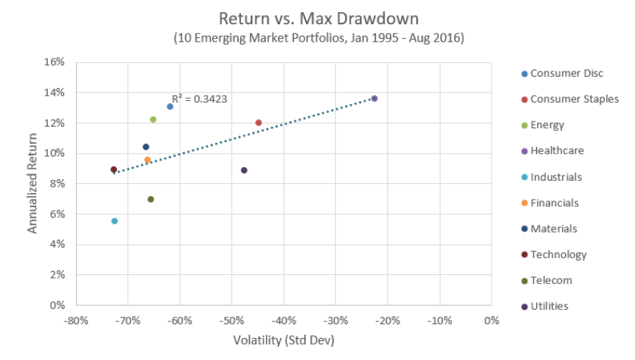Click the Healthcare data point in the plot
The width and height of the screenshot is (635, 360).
coord(374,99)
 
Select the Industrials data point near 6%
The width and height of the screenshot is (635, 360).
coord(115,221)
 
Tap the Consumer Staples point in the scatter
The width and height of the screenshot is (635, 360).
coord(258,122)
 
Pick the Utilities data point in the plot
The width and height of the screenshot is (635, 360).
coord(244,170)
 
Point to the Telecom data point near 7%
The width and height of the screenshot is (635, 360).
coord(150,199)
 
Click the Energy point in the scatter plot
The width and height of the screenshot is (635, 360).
coord(153,119)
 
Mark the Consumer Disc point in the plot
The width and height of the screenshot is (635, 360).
coord(170,106)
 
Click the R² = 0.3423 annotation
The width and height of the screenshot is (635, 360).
coord(199,98)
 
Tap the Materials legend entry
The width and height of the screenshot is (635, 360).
coord(553,229)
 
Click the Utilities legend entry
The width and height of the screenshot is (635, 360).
coord(549,306)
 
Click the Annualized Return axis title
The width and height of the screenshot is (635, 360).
coord(33,183)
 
